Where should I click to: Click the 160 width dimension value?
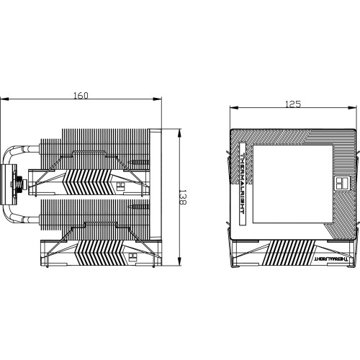click(x=81, y=95)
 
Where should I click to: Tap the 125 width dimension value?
click(x=292, y=105)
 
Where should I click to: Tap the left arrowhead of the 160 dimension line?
click(x=3, y=102)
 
